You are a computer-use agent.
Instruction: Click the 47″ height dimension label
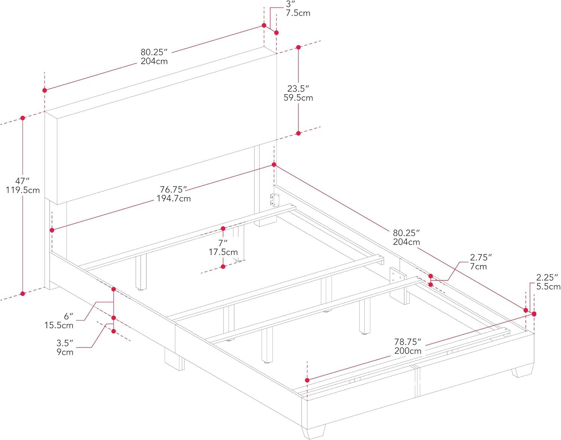22,181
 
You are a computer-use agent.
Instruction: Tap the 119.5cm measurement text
22,190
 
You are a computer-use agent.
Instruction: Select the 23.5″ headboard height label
298,89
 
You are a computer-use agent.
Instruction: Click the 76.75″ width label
173,189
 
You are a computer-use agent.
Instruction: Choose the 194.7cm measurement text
173,198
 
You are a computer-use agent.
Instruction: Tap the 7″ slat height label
223,243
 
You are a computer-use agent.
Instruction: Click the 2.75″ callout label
481,257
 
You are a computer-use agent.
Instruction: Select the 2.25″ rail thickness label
547,278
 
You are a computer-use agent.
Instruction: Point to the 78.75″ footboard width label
408,342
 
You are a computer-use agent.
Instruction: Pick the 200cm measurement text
408,351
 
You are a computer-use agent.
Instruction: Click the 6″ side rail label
68,316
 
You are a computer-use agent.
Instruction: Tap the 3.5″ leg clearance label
65,343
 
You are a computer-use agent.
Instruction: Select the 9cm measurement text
65,352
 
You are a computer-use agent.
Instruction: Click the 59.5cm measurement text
298,98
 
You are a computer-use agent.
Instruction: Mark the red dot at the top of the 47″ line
23,118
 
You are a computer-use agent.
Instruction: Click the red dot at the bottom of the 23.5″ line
298,133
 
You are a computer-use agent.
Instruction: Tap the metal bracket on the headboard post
276,200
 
